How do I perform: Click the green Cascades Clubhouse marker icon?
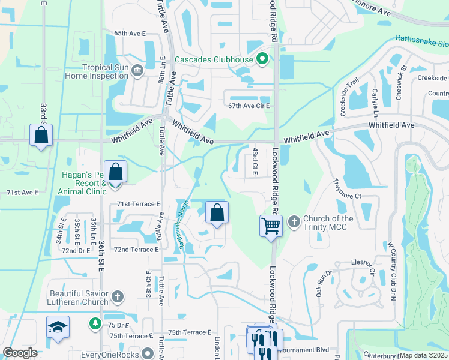pos(261,59)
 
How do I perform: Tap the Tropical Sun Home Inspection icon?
pos(137,71)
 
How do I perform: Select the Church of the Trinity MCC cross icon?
pos(294,222)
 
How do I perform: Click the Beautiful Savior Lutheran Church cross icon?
pos(118,296)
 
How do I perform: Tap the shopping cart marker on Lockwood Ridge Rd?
pos(271,226)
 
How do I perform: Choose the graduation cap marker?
pos(58,327)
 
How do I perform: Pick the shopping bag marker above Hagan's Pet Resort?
pos(116,171)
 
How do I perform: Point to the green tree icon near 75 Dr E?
pos(95,324)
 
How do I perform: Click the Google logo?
pos(20,353)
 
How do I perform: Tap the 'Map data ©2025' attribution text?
pos(423,355)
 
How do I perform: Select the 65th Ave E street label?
pos(130,34)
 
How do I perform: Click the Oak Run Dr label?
pos(320,284)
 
